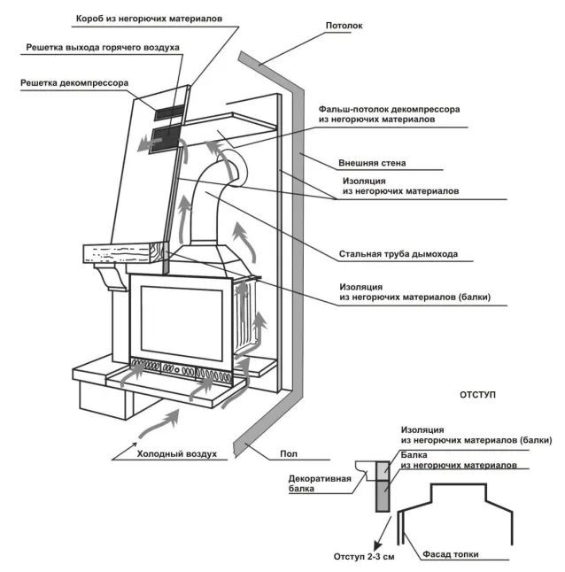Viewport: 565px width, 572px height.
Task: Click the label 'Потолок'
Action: click(x=344, y=26)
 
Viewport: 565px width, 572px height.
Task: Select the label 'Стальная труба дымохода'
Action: click(x=398, y=255)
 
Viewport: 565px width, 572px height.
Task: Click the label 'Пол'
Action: click(x=288, y=454)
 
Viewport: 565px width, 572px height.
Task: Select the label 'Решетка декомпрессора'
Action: click(x=74, y=84)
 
